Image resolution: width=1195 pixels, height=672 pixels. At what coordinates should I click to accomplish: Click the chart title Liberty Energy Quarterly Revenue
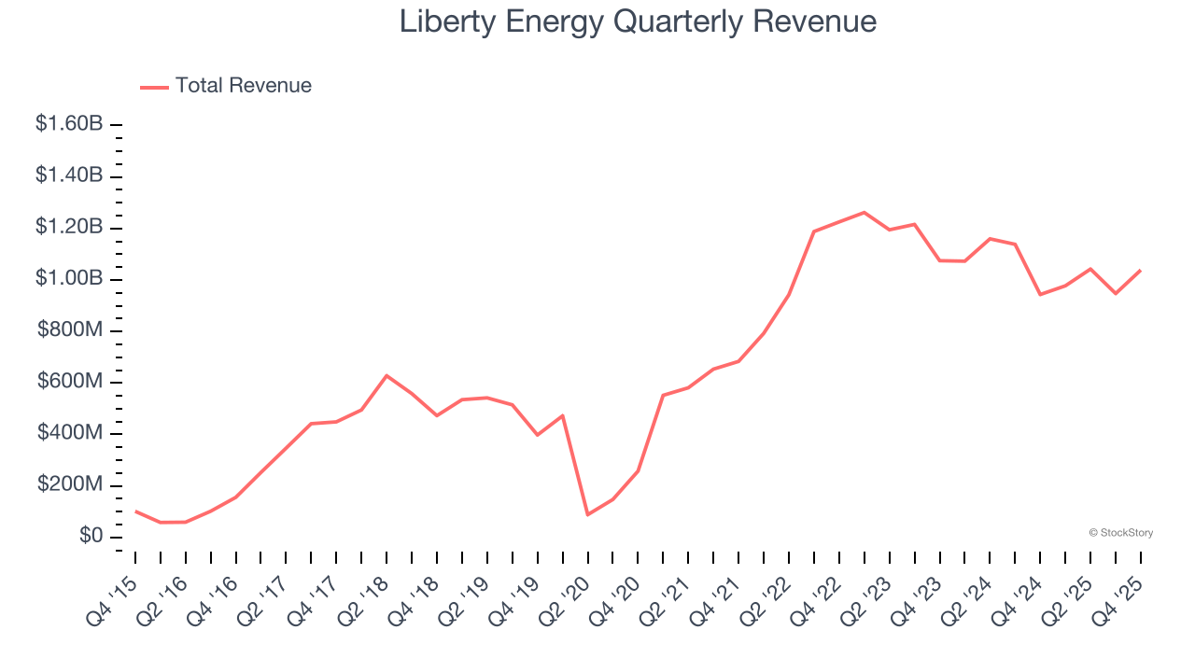(638, 21)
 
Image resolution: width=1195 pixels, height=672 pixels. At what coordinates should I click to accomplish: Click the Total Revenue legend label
(243, 86)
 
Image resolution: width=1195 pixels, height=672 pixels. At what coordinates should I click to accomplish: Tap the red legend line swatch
(154, 87)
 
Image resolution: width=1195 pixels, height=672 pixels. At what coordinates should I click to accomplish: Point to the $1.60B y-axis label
(69, 124)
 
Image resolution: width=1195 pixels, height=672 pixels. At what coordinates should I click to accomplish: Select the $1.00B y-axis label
(69, 279)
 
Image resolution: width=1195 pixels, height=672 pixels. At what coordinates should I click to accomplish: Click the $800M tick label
(70, 330)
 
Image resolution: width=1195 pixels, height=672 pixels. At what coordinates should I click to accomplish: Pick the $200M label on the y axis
(70, 485)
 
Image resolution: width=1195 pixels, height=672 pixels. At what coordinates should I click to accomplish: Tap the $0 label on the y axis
(91, 537)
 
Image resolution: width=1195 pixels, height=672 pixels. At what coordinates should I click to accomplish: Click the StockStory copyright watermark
(1120, 533)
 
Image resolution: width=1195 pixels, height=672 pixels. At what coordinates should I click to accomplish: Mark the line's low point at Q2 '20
(587, 514)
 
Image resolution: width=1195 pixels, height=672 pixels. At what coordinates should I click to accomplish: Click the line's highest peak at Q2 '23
(864, 213)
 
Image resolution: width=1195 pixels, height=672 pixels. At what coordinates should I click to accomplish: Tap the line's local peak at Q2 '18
(387, 375)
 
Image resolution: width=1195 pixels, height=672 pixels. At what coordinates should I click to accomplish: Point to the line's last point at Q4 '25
(1140, 271)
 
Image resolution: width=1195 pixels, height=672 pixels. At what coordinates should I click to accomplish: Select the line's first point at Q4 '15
(135, 511)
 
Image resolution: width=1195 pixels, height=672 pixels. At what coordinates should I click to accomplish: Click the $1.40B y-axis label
(69, 175)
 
